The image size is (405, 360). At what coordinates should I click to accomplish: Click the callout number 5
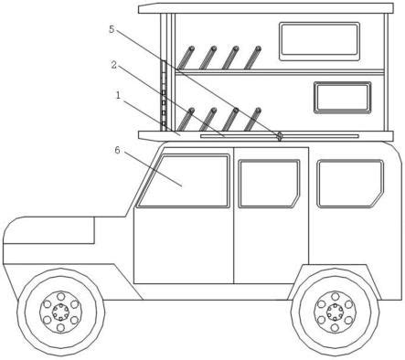tap(112, 29)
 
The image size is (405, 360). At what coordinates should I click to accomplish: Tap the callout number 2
tap(113, 65)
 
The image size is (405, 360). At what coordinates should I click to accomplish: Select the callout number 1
tap(118, 95)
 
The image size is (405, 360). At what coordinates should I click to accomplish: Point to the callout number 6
tap(118, 150)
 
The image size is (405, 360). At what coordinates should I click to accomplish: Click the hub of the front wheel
tap(61, 312)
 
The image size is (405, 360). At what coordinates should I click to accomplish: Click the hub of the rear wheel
tap(335, 312)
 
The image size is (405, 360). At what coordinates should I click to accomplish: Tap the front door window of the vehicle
tap(183, 181)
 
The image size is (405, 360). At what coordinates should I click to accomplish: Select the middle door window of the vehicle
tap(269, 184)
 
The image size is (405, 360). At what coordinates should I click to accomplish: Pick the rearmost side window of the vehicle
tap(350, 184)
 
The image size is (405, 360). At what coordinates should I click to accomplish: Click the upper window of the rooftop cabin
tap(319, 41)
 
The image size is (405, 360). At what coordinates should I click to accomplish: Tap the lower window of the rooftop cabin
tap(343, 98)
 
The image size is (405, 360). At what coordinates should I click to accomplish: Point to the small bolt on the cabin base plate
tap(279, 135)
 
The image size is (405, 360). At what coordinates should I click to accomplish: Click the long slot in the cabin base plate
tap(280, 136)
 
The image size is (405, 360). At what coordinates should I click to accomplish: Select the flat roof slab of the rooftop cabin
tap(266, 8)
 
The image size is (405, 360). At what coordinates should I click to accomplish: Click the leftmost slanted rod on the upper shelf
tap(186, 58)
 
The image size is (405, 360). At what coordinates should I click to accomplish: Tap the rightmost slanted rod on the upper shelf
tap(252, 58)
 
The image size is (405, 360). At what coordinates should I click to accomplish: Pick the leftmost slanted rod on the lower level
tap(186, 120)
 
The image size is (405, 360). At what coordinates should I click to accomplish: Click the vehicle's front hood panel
tap(48, 230)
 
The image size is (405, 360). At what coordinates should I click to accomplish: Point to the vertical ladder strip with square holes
tap(164, 96)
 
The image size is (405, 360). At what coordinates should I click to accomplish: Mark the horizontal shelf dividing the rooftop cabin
tap(280, 72)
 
